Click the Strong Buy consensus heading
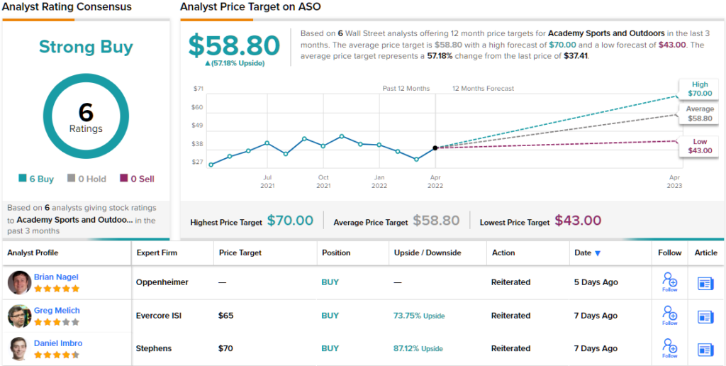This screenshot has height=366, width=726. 86,48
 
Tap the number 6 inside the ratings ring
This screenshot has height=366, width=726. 86,113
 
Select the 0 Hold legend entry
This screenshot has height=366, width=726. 86,179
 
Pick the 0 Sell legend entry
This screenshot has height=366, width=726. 138,179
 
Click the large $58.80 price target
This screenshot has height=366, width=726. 235,46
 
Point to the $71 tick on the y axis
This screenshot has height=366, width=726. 198,89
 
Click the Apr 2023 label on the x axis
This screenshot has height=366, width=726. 674,181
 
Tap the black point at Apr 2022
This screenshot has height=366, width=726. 435,148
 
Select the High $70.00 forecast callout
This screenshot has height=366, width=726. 699,88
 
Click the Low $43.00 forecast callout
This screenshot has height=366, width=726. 699,146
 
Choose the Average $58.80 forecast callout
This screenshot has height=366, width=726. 699,113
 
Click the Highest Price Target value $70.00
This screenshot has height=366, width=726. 290,221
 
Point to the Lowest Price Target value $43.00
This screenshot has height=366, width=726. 578,221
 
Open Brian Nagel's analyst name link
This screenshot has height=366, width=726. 56,277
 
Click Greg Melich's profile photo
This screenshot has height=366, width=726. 19,316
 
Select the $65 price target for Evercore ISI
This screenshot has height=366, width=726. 226,316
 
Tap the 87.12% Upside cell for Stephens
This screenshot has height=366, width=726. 418,348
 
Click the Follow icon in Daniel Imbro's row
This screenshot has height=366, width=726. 669,347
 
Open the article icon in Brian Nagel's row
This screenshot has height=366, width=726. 705,283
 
